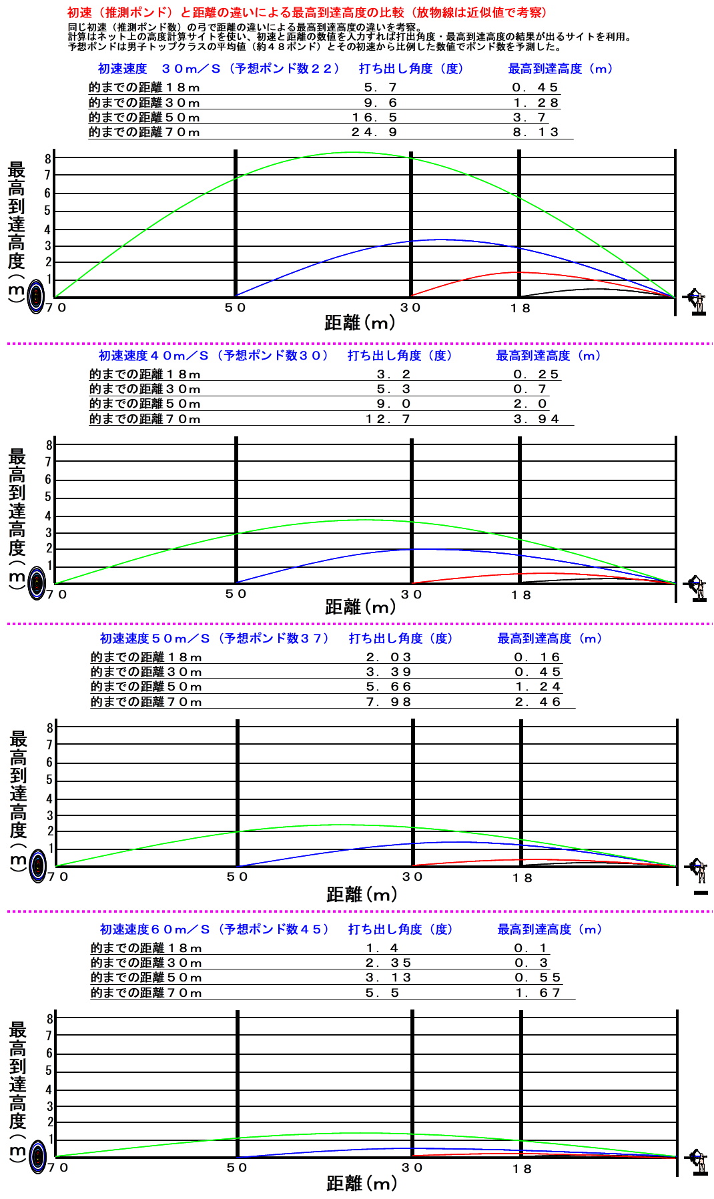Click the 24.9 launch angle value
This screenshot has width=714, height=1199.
[x=374, y=132]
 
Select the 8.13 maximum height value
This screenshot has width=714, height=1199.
[x=535, y=132]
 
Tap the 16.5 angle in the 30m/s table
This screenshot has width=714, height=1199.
[x=374, y=117]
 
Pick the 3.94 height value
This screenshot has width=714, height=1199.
[x=536, y=419]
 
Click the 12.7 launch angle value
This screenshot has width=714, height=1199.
[x=388, y=419]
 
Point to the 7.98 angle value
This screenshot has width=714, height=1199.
[x=388, y=702]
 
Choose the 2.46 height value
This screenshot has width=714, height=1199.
[x=537, y=702]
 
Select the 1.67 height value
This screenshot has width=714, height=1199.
[x=537, y=993]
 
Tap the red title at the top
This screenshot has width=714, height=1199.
[x=307, y=13]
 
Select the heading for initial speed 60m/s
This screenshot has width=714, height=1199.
[x=214, y=929]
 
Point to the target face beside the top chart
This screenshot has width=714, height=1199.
[x=36, y=298]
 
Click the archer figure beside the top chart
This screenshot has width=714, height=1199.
[x=697, y=302]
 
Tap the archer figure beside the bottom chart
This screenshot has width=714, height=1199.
[x=698, y=1162]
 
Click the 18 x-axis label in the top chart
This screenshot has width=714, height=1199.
[x=520, y=308]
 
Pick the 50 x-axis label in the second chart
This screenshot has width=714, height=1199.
[x=236, y=594]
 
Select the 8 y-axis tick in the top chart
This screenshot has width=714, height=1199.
[x=48, y=159]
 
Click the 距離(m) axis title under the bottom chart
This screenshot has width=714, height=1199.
[x=361, y=1183]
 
